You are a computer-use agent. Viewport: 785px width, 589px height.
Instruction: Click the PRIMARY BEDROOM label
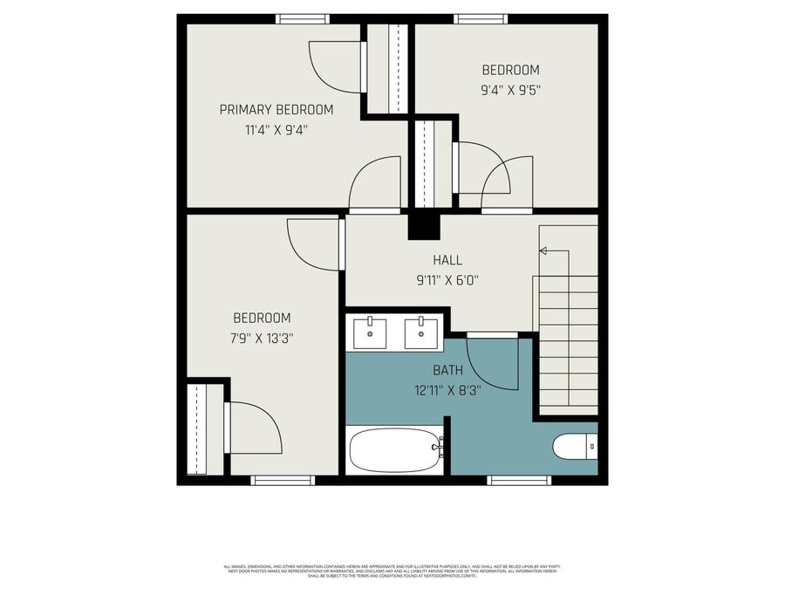(x=276, y=109)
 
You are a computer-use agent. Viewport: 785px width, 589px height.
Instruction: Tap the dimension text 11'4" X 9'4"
(x=276, y=130)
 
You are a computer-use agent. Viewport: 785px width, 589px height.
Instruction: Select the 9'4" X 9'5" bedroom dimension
(x=511, y=89)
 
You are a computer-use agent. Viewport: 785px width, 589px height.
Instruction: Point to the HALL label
(x=447, y=260)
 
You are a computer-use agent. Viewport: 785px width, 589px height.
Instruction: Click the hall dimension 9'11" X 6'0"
(x=447, y=280)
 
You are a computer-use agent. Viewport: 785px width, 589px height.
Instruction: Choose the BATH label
(x=447, y=370)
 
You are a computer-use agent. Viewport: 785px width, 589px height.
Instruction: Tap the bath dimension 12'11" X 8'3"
(x=447, y=390)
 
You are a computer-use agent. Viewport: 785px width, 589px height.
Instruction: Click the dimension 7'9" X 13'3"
(x=262, y=339)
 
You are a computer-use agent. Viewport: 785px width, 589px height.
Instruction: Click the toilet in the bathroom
(x=575, y=447)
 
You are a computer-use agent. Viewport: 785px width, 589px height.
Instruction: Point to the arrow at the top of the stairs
(x=543, y=251)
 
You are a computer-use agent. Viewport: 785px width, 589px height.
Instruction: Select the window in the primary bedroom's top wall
(x=303, y=18)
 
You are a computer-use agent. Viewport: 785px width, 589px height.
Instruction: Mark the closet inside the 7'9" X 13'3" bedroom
(x=197, y=428)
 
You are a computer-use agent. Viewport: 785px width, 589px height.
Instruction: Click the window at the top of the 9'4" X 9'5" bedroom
(x=481, y=18)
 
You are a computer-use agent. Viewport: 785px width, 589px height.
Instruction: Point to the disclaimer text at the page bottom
(x=392, y=571)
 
